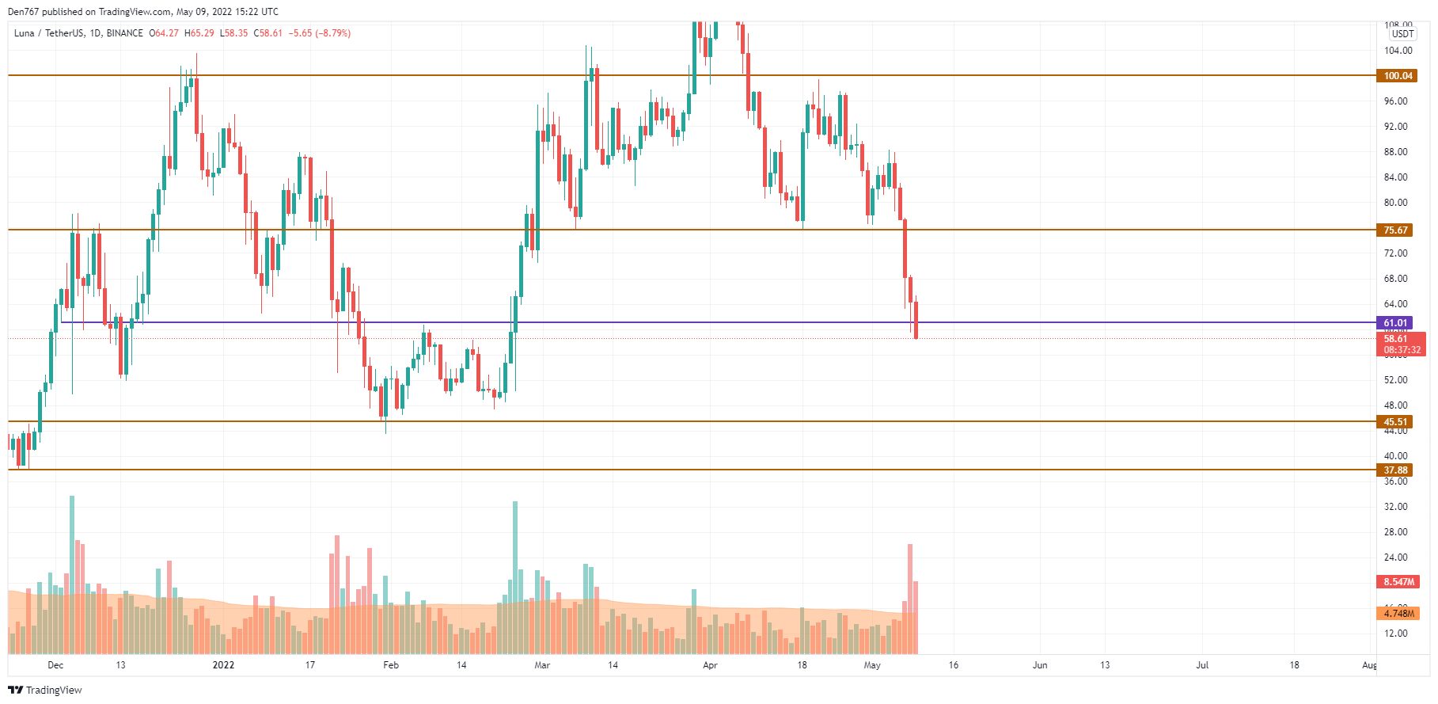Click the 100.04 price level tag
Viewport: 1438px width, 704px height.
(1397, 76)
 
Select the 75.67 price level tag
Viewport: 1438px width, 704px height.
(1395, 230)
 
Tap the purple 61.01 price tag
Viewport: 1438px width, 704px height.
(1395, 323)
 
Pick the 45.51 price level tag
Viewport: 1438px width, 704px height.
(1395, 422)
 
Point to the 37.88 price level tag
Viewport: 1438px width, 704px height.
(1395, 470)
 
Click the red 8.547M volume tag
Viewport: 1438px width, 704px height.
(1398, 582)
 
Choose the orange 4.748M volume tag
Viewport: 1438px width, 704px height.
(1398, 614)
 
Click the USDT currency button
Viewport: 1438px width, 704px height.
(1402, 34)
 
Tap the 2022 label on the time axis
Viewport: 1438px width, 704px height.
(224, 665)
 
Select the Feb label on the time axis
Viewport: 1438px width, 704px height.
(391, 665)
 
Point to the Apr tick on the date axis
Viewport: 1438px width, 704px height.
(710, 665)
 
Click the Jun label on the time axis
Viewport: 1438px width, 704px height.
(1040, 665)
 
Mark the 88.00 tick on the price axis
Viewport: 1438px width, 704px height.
(1395, 152)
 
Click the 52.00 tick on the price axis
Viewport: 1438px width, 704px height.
(1395, 380)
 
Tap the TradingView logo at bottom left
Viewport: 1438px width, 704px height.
(45, 691)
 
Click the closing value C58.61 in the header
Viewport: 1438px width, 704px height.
(268, 33)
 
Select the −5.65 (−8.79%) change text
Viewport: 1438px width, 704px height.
(320, 33)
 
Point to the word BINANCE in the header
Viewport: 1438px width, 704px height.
(124, 33)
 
